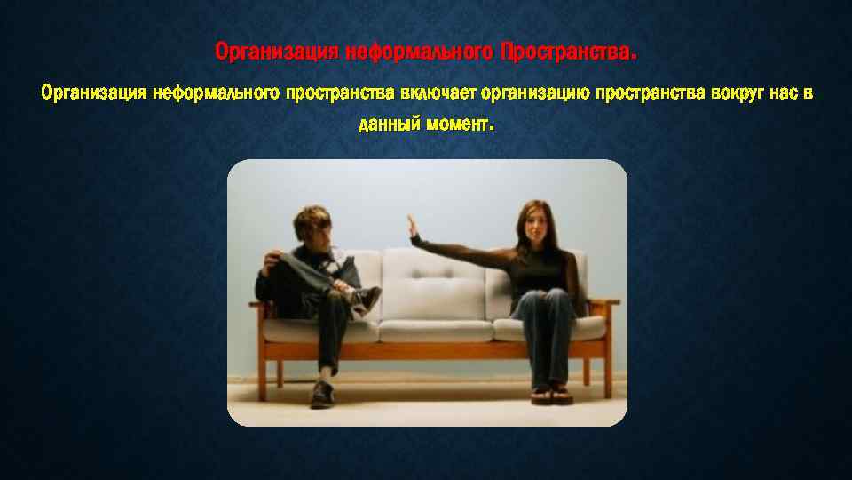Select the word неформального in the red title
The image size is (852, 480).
(418, 53)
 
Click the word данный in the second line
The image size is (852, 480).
(388, 124)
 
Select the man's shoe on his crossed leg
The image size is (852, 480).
(367, 298)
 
